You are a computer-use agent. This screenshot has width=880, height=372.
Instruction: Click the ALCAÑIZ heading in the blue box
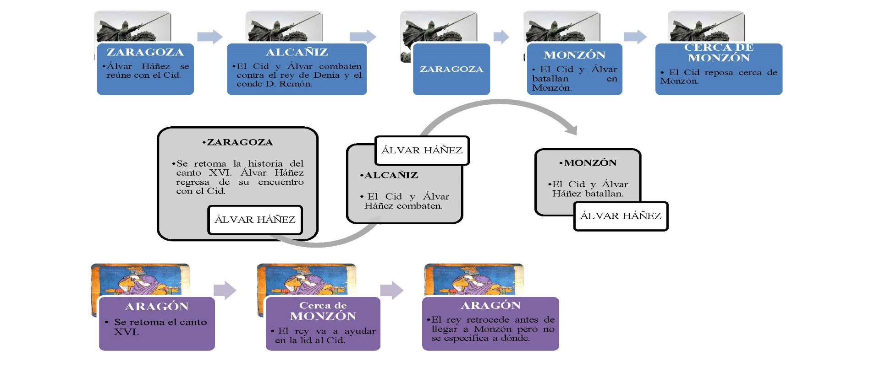point(297,52)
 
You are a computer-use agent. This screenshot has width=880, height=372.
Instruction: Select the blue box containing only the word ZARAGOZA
point(451,69)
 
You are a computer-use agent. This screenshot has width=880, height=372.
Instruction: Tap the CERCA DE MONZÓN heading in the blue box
point(718,53)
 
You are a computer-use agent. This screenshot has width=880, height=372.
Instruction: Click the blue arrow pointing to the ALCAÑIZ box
point(209,37)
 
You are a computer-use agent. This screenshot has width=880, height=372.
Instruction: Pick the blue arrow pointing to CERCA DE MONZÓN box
point(635,37)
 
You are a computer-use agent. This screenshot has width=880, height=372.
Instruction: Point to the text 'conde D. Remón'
point(274,84)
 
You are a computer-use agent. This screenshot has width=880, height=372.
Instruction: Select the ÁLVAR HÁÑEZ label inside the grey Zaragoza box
point(255,220)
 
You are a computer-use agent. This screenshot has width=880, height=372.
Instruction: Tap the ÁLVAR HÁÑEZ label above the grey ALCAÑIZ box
point(422,150)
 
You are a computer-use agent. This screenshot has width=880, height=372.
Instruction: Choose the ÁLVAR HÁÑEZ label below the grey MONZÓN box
point(621,216)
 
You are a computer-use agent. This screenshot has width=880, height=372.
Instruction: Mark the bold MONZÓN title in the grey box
point(590,163)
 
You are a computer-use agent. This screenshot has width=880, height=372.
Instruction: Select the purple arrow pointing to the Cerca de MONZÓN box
point(225,290)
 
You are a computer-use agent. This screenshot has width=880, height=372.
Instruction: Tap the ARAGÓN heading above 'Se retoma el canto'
point(157,307)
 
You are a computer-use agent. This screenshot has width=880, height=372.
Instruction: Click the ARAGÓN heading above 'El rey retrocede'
point(490,306)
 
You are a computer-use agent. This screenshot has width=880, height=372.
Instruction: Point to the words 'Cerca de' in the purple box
point(323,305)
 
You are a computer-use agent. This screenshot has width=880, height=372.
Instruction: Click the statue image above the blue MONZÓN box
point(562,27)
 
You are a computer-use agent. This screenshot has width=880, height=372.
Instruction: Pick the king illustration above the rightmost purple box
point(473,279)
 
